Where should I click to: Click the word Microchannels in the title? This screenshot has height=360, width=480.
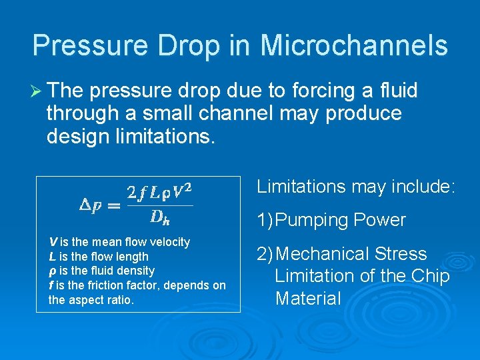coord(354,45)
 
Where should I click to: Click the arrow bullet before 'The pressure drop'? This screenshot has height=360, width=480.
coord(37,91)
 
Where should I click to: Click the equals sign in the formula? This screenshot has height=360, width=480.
coord(115,206)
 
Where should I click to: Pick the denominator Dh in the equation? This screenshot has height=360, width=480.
coord(160,217)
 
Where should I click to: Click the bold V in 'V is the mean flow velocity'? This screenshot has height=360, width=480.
coord(53,242)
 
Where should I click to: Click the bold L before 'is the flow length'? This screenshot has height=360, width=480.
coord(52,257)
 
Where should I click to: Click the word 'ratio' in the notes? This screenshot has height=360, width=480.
coord(119,300)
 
